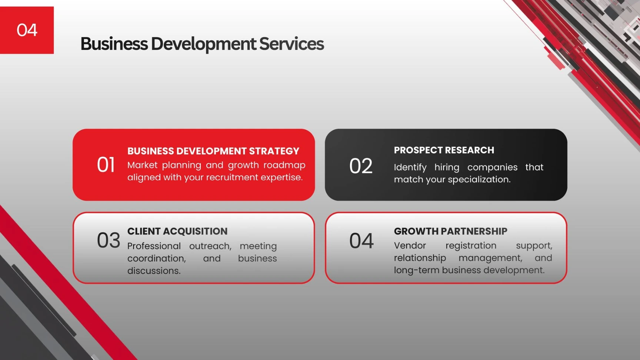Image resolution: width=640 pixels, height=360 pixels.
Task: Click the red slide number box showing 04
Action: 27,30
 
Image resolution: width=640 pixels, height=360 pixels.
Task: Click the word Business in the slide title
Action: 114,44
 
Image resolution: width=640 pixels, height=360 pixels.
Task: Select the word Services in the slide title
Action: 291,44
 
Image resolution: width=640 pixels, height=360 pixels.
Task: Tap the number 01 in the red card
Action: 106,165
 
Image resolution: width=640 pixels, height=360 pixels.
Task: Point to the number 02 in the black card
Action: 361,166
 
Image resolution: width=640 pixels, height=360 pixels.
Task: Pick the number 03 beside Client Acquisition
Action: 109,240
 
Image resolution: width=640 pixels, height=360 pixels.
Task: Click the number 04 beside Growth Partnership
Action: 361,241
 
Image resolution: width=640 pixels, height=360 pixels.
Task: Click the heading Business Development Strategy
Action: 213,151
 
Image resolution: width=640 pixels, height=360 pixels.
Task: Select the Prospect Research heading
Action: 444,150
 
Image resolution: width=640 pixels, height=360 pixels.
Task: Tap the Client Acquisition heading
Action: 177,231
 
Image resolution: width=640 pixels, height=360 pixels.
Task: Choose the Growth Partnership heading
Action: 451,231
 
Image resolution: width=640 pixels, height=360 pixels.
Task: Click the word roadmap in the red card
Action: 284,165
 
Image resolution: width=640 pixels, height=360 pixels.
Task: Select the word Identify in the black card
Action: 410,167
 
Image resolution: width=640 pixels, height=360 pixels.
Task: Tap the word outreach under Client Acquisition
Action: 210,246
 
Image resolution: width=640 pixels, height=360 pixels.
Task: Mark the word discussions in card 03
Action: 154,271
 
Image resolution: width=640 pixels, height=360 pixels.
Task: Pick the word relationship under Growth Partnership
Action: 420,258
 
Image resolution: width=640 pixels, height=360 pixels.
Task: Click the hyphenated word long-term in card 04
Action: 416,270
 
